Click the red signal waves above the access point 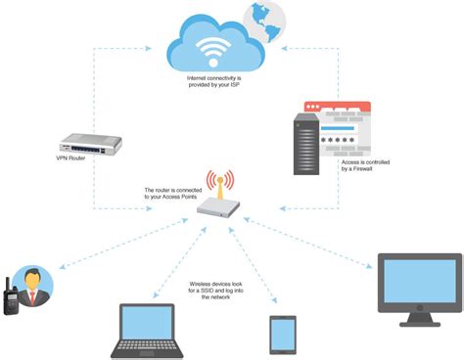233,183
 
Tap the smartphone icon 283,334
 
